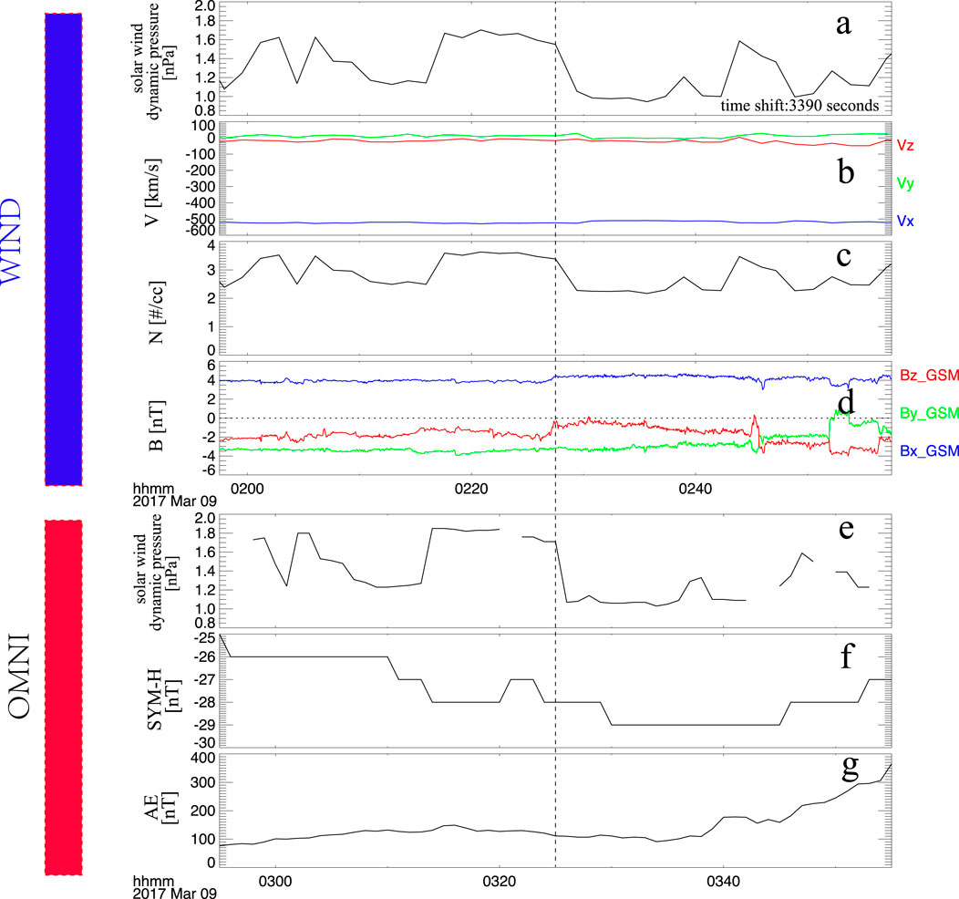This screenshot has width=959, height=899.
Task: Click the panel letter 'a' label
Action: [x=844, y=26]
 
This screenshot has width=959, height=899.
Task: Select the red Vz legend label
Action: [x=906, y=144]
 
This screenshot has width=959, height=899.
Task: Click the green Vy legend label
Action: [x=906, y=182]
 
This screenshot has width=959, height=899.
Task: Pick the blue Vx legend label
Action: [x=906, y=222]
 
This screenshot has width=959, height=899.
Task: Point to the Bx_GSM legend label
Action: [x=925, y=450]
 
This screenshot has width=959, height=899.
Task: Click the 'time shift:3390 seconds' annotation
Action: [x=799, y=106]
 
